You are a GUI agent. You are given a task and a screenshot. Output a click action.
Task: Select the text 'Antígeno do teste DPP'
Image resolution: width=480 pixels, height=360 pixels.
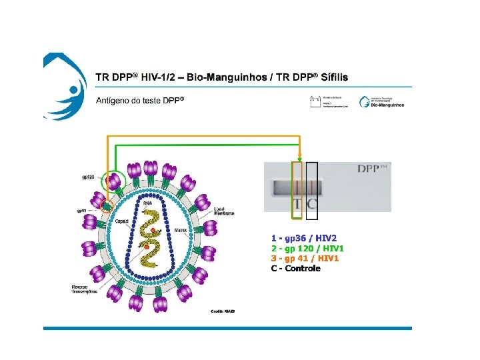click(x=139, y=101)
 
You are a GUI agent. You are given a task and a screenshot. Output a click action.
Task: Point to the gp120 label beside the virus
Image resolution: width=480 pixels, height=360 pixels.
click(x=88, y=177)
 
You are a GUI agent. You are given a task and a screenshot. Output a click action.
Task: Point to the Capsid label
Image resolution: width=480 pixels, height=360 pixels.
click(x=121, y=221)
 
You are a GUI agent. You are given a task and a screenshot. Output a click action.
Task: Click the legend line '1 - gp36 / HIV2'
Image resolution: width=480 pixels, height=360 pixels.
click(x=304, y=238)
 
